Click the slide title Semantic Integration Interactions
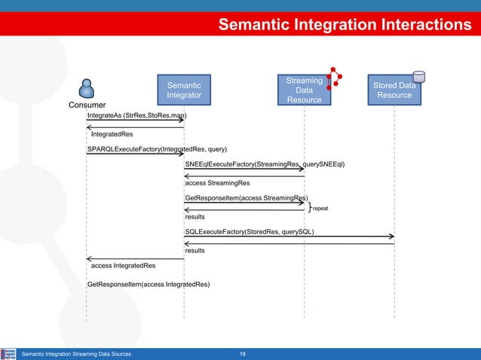(x=345, y=26)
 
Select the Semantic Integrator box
(x=183, y=91)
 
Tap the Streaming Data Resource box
(x=304, y=90)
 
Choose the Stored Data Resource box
(x=394, y=91)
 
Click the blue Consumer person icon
(x=87, y=88)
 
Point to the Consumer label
(x=87, y=105)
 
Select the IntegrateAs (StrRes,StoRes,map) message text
(x=136, y=116)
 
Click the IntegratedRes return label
(x=112, y=134)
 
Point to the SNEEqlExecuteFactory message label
(x=265, y=164)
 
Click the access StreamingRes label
(x=217, y=182)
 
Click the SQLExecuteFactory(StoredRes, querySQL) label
(x=250, y=232)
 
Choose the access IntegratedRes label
(x=124, y=266)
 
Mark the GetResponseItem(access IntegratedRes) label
(x=149, y=285)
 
